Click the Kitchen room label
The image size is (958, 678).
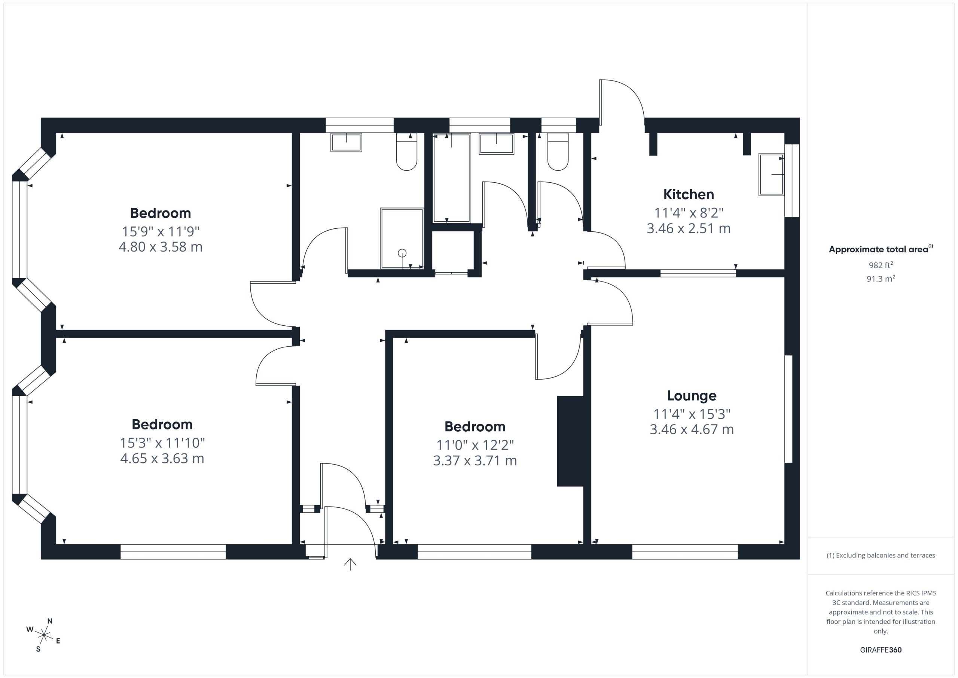(689, 195)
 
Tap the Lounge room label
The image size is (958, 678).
(692, 396)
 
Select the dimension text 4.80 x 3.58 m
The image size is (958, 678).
(161, 247)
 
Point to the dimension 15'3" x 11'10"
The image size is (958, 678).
(162, 443)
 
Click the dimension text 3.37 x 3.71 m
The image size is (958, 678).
(475, 460)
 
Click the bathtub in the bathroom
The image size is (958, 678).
(452, 178)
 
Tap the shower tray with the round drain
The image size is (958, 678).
(402, 238)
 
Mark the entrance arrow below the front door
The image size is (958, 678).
(350, 565)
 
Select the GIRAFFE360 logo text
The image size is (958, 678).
(881, 650)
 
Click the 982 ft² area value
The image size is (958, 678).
(881, 265)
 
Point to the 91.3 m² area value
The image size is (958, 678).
(881, 279)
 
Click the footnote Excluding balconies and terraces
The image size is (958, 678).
(881, 555)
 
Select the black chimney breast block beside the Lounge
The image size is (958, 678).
(570, 441)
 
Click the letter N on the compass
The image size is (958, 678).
(50, 621)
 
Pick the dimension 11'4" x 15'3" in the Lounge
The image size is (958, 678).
(692, 414)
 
